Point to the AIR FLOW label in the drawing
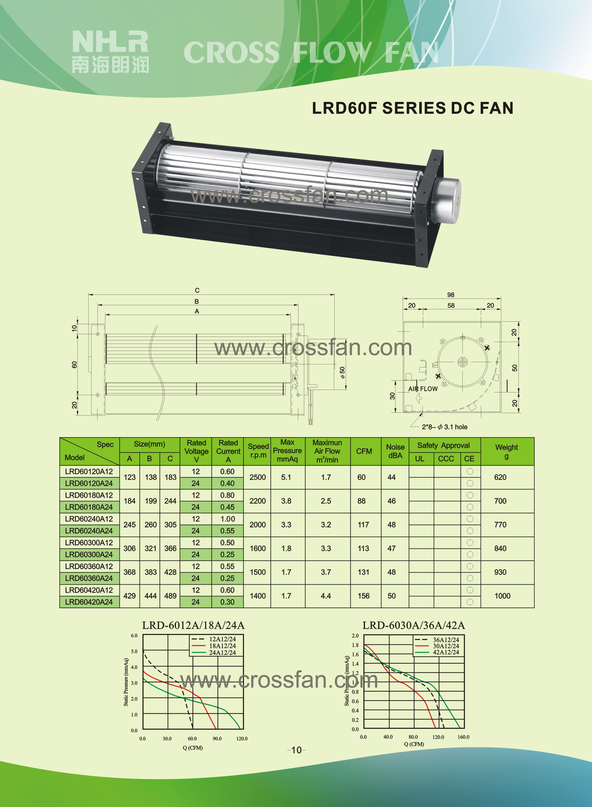[x=423, y=389]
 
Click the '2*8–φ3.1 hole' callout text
[x=444, y=427]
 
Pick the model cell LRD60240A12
[x=89, y=519]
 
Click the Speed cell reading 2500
[x=258, y=477]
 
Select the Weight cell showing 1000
[x=502, y=596]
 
